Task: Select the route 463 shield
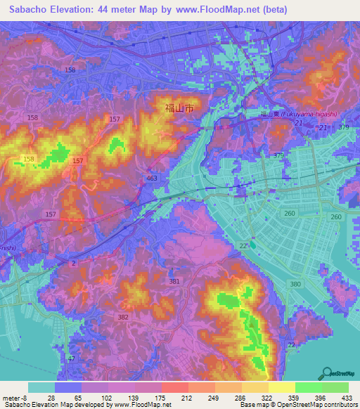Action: tap(152, 181)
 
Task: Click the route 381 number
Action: tap(174, 282)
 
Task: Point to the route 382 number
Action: tap(124, 318)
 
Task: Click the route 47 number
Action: tap(71, 358)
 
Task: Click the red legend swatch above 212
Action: tap(176, 387)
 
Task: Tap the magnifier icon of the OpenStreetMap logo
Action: tap(326, 373)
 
